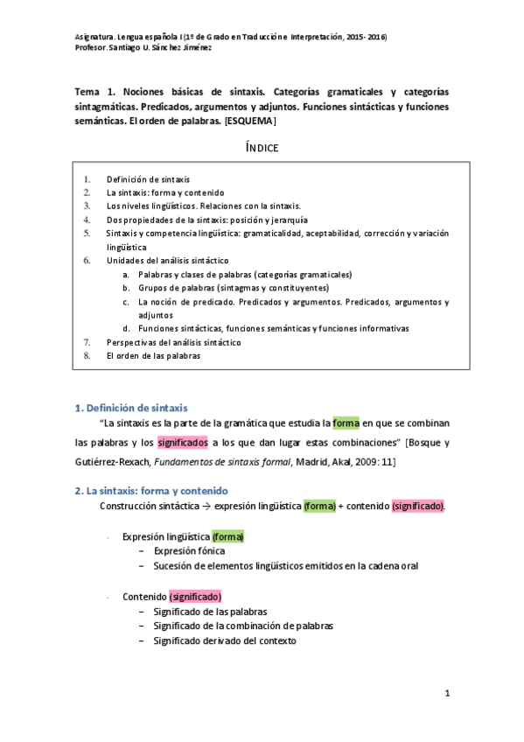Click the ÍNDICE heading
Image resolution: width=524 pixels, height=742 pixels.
[x=262, y=147]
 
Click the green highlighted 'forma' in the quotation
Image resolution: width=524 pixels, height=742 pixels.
[x=346, y=424]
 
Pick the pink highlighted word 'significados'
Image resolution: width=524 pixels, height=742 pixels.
[x=183, y=443]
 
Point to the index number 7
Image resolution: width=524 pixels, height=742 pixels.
[x=87, y=342]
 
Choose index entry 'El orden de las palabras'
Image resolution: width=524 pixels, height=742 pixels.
[x=153, y=356]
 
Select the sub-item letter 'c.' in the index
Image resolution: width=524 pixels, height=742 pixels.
[x=127, y=302]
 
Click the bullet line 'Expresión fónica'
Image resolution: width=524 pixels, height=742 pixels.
[x=189, y=551]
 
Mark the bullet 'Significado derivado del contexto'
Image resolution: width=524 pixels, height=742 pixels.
[x=225, y=640]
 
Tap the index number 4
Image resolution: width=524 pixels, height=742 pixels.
[x=87, y=220]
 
